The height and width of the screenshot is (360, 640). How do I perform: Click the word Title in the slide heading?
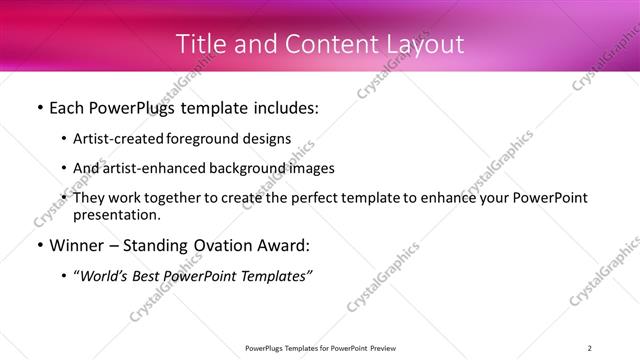201,44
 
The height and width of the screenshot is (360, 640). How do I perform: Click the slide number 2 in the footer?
589,348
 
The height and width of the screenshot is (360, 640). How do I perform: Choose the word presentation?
117,214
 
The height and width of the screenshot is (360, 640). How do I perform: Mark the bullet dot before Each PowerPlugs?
39,108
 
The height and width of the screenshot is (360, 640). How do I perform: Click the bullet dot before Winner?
39,245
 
